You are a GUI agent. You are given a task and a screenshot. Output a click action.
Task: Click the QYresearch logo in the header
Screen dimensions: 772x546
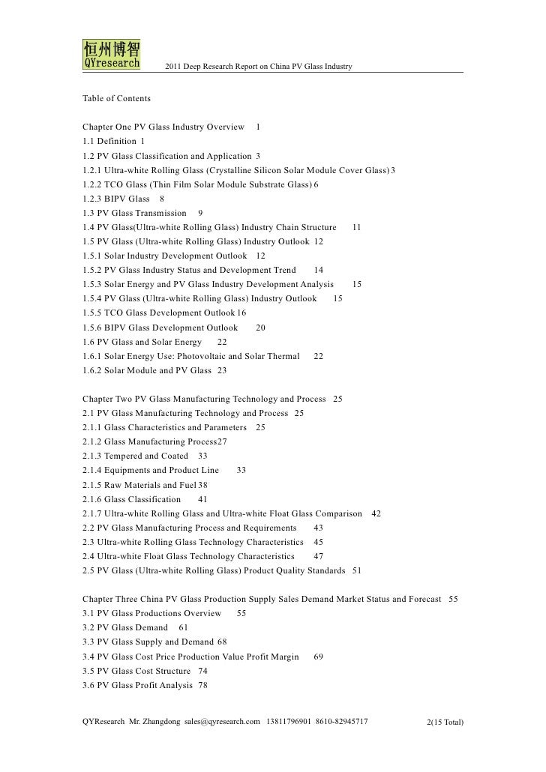click(x=109, y=54)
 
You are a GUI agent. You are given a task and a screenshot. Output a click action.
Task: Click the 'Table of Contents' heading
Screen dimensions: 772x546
click(x=116, y=99)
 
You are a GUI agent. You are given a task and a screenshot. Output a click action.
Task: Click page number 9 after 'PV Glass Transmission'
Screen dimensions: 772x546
click(x=200, y=214)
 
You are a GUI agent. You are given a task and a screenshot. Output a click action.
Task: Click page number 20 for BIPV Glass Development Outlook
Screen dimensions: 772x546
click(x=260, y=328)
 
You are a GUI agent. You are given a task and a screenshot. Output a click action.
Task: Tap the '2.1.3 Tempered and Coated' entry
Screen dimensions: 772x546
click(x=136, y=456)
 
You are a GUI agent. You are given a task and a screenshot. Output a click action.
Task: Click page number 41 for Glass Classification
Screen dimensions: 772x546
click(x=202, y=499)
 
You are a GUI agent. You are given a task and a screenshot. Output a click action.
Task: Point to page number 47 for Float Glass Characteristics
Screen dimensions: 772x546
click(x=319, y=556)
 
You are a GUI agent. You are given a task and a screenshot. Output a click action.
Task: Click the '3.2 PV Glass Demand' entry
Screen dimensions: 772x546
click(x=125, y=627)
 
